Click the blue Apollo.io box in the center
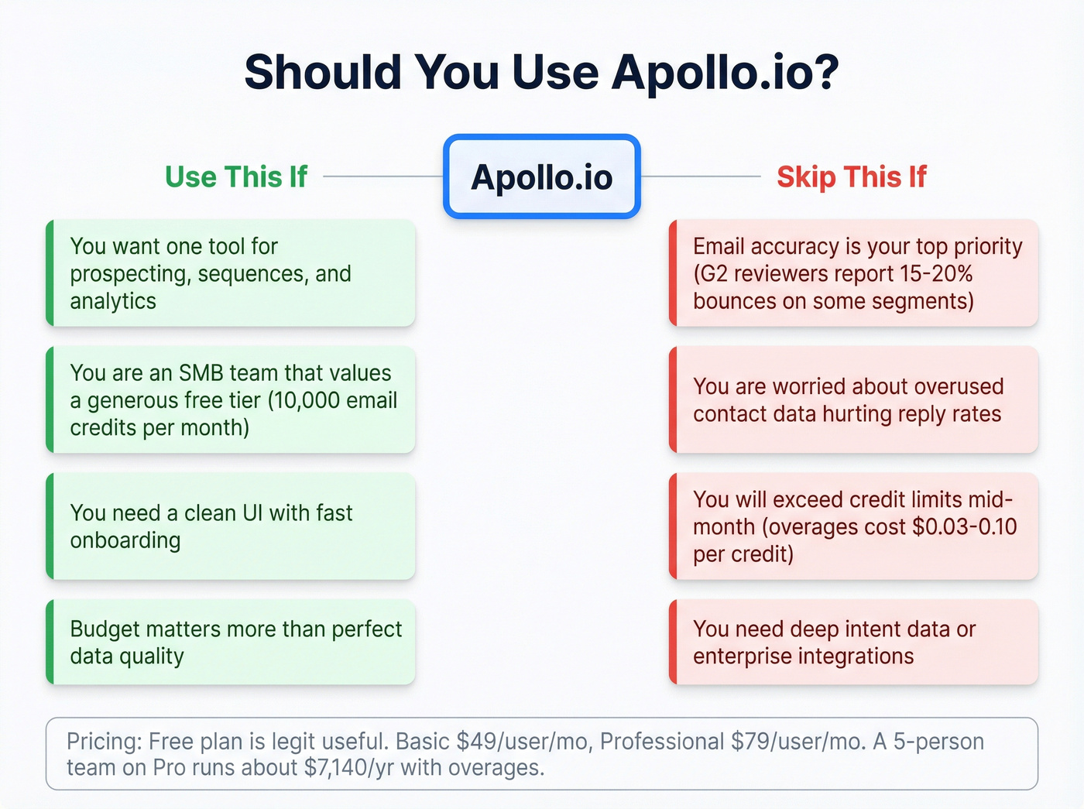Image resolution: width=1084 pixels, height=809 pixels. [x=542, y=177]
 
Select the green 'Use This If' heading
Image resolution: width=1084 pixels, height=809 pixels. [x=236, y=177]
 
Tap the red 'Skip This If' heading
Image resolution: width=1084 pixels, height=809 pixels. [x=851, y=177]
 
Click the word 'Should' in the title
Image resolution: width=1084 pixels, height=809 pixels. [x=322, y=72]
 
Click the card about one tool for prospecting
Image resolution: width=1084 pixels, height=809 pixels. [x=231, y=273]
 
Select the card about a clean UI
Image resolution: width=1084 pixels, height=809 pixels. [x=231, y=526]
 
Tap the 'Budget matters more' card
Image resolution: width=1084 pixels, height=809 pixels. [x=231, y=642]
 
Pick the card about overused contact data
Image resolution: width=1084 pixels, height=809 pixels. [x=853, y=400]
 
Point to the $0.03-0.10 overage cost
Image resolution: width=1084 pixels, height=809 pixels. [x=965, y=527]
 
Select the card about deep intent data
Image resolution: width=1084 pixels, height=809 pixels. [x=853, y=642]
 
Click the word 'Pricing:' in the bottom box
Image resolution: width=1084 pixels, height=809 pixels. [x=104, y=742]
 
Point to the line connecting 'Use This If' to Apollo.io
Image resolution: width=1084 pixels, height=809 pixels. [x=382, y=177]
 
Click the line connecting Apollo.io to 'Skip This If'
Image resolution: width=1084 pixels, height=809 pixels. [x=701, y=177]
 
